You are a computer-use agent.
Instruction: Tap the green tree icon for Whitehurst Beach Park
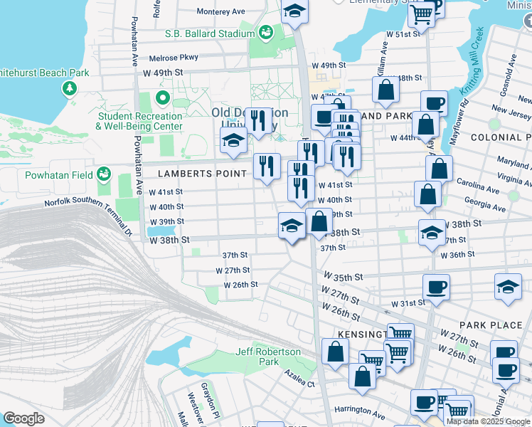pyautogui.click(x=70, y=88)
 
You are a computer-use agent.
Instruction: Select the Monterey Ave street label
pyautogui.click(x=220, y=11)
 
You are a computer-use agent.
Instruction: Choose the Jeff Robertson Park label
pyautogui.click(x=268, y=357)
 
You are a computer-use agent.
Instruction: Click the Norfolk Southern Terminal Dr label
pyautogui.click(x=89, y=211)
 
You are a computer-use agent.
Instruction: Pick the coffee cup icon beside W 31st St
pyautogui.click(x=436, y=287)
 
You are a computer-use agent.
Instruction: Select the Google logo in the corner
pyautogui.click(x=23, y=418)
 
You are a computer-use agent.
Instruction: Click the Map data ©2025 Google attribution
pyautogui.click(x=488, y=421)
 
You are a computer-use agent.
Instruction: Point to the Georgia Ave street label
pyautogui.click(x=484, y=209)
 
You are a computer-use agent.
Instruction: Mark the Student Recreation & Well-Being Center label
pyautogui.click(x=140, y=121)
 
